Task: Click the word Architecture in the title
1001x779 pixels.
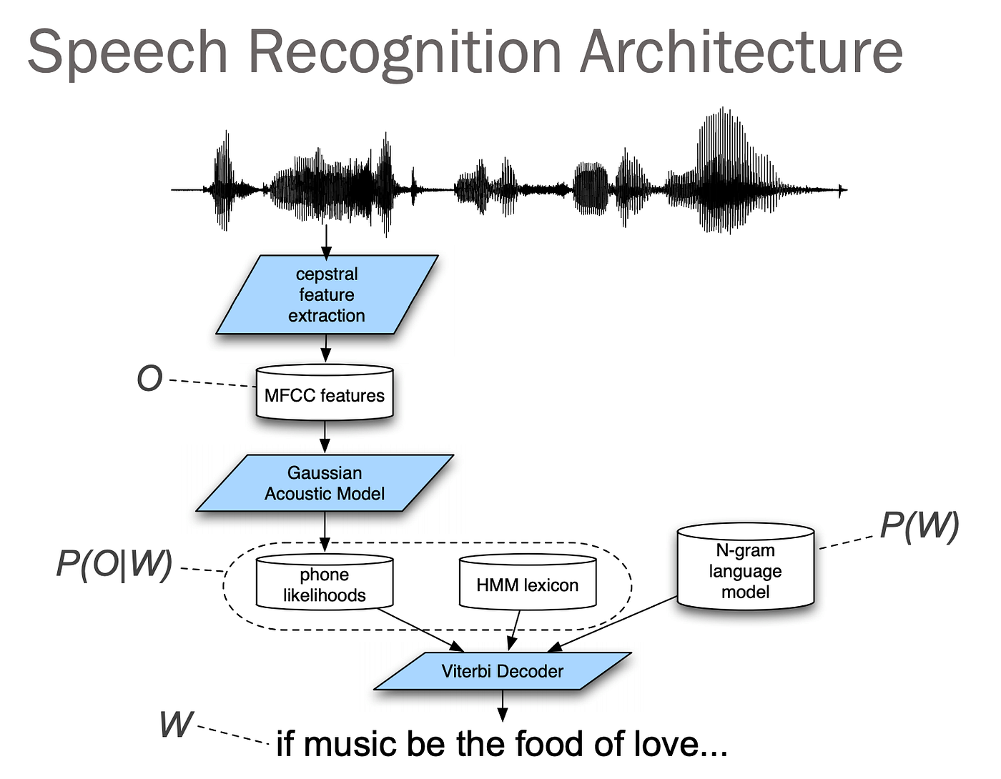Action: (741, 51)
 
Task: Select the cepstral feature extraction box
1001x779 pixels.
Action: (327, 294)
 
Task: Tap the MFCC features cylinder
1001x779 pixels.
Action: (325, 395)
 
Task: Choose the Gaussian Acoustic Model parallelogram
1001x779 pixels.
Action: (325, 483)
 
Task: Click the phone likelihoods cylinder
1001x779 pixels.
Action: (325, 584)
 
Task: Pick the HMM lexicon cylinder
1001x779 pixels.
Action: (527, 585)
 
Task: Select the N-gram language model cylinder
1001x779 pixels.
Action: (745, 570)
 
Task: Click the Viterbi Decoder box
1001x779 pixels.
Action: (502, 671)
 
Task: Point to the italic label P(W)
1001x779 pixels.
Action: (919, 525)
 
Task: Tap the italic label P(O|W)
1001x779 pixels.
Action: (114, 563)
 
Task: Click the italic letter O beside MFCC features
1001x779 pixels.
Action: (149, 378)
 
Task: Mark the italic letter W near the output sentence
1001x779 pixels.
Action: (176, 724)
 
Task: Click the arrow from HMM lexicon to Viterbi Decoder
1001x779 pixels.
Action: (515, 630)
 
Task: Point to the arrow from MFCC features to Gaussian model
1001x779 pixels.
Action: (325, 436)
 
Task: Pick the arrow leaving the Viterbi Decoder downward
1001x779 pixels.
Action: (503, 705)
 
